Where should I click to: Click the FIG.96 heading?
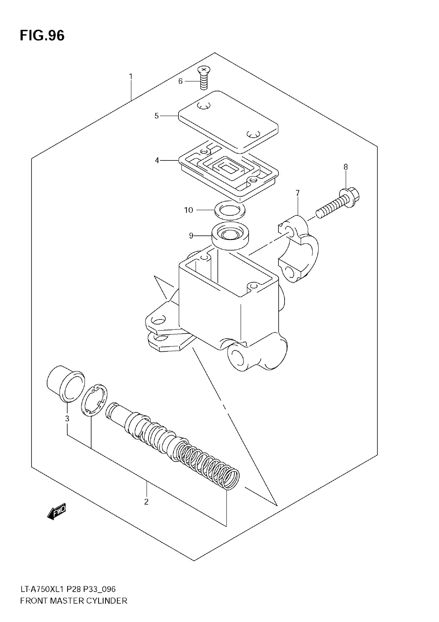(x=42, y=35)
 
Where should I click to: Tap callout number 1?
(x=131, y=77)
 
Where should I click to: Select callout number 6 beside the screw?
(x=180, y=81)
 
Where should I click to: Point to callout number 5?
(x=156, y=116)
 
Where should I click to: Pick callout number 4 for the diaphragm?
(x=157, y=161)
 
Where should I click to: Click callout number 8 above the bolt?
(x=346, y=167)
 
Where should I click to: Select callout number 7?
(x=297, y=193)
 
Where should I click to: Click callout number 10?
(x=189, y=210)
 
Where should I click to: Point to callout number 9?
(x=191, y=236)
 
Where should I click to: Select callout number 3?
(x=67, y=418)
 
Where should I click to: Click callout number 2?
(x=146, y=502)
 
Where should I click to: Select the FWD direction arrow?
(x=57, y=511)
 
